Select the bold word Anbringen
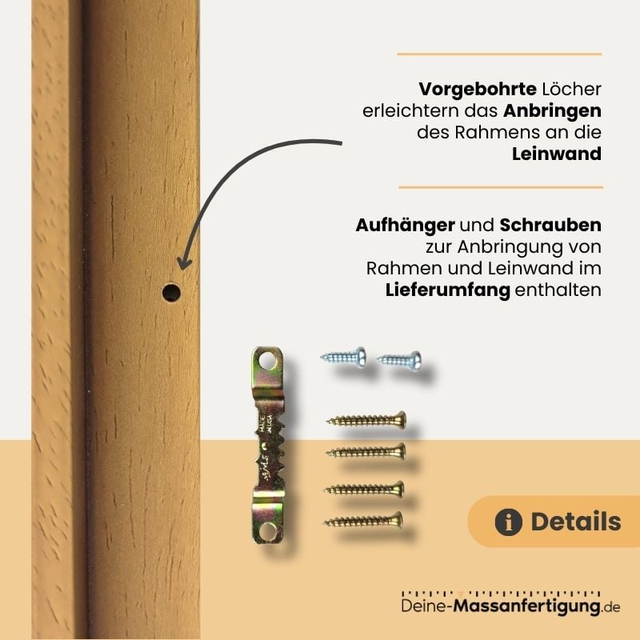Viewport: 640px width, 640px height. coord(552,110)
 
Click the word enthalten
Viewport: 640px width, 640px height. coord(558,290)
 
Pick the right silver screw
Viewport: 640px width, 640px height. coord(399,358)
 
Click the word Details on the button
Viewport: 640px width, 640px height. coord(575,522)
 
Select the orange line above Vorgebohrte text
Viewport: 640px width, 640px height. coord(499,54)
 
